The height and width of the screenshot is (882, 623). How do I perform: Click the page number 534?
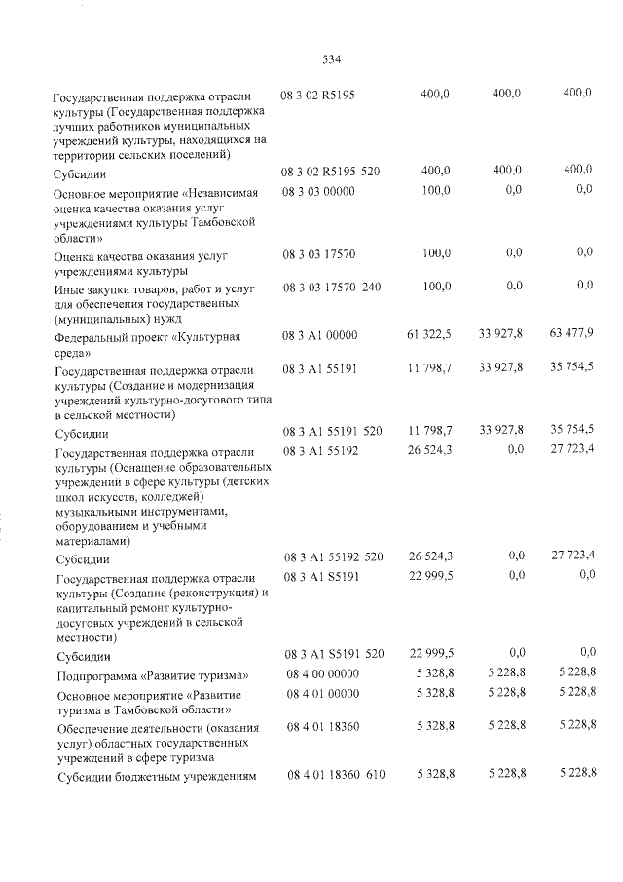coord(330,58)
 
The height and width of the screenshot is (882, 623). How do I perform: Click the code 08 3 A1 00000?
coord(320,335)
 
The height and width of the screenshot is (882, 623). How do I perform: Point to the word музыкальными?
coord(101,511)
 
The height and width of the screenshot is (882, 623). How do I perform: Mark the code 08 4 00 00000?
coord(322,674)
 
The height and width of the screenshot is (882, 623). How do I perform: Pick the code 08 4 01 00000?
coord(322,693)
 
